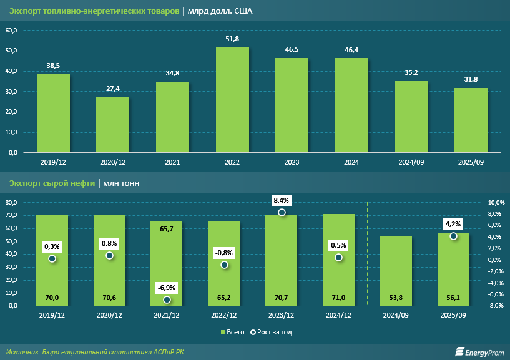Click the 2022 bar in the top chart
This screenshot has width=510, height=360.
coord(232,100)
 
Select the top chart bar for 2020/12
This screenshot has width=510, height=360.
coord(112,124)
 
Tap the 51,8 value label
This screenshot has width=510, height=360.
coord(232,39)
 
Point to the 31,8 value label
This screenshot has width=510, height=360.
coord(471,79)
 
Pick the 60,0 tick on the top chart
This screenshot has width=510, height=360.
coord(12,30)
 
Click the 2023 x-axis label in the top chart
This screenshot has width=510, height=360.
coord(292,162)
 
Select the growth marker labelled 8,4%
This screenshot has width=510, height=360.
coord(282,213)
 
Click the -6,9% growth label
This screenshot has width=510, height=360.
coord(167,287)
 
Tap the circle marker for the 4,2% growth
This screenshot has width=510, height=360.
coord(454,236)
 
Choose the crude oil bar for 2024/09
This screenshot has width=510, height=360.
coord(396,271)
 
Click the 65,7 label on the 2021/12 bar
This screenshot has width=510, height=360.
coord(167,230)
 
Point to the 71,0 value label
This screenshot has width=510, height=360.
coord(338,298)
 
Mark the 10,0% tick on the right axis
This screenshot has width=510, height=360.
coord(496,203)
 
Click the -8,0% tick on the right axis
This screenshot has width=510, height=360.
coord(496,306)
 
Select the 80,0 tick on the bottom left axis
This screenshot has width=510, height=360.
coord(12,203)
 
